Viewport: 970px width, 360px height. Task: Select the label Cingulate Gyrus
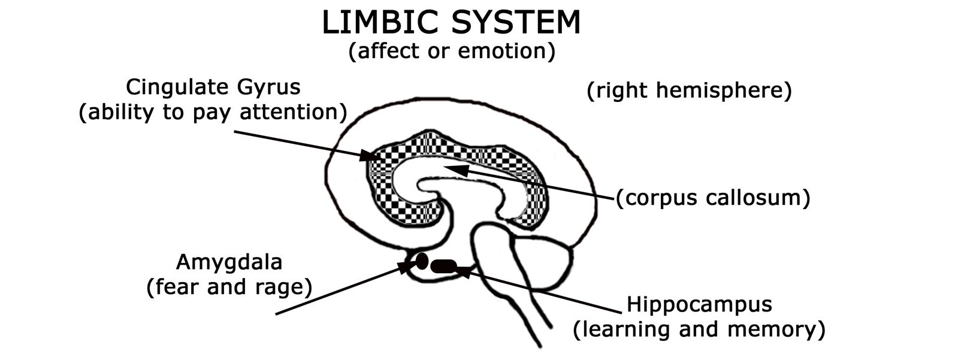[213, 87]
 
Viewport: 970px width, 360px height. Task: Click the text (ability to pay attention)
[213, 112]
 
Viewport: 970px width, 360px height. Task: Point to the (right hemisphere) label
[689, 91]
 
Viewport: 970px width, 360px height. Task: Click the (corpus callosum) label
[713, 198]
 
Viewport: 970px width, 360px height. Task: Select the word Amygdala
[229, 262]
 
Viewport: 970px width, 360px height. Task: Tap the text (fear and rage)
[229, 288]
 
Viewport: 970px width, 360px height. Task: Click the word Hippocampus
[699, 304]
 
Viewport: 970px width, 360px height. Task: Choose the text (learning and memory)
[699, 329]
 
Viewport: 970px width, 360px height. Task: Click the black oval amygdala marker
[422, 261]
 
